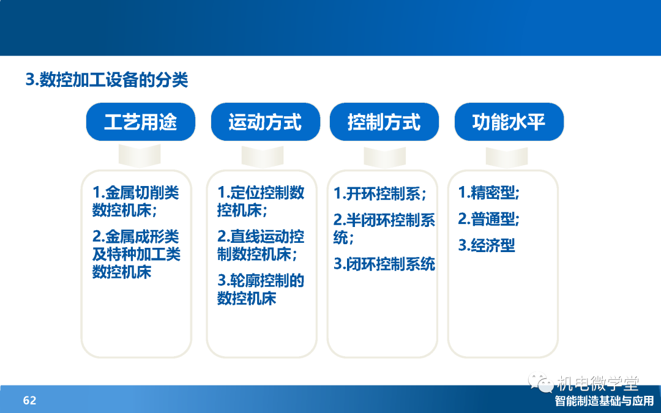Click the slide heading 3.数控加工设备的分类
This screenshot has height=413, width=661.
106,79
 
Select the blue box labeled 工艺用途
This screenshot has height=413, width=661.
140,122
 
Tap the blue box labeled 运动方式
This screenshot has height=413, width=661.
265,122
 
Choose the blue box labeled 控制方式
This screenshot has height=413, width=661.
384,122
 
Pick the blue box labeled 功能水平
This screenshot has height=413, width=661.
509,122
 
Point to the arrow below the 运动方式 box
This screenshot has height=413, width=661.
262,157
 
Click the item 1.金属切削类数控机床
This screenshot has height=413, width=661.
136,201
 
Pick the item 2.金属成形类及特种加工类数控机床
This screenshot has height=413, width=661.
136,254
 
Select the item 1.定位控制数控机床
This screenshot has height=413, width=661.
261,201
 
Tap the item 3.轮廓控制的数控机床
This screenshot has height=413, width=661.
261,289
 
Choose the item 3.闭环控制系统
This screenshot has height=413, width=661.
384,264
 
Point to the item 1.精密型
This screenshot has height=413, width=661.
489,193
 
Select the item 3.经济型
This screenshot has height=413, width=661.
487,245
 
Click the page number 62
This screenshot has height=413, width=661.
29,400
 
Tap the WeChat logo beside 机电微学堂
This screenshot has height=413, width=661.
541,382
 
